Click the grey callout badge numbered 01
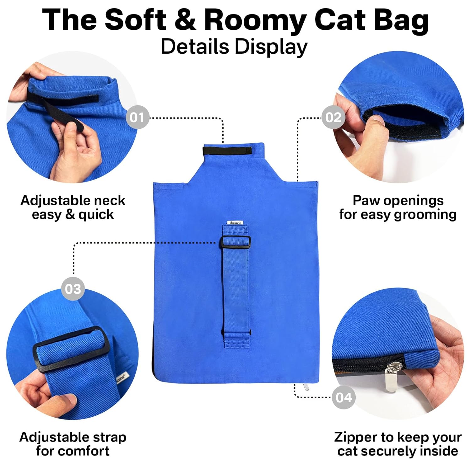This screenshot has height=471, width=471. pyautogui.click(x=137, y=117)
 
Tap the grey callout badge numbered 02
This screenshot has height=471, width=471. pyautogui.click(x=333, y=117)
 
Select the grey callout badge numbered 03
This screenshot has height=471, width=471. pyautogui.click(x=73, y=289)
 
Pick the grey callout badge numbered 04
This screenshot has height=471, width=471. pyautogui.click(x=344, y=398)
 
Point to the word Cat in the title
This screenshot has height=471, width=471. pyautogui.click(x=340, y=19)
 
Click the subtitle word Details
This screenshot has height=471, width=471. pyautogui.click(x=195, y=46)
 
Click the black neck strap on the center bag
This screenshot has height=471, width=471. pyautogui.click(x=227, y=151)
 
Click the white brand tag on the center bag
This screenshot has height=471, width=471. pyautogui.click(x=235, y=223)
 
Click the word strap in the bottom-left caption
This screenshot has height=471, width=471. pyautogui.click(x=108, y=437)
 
